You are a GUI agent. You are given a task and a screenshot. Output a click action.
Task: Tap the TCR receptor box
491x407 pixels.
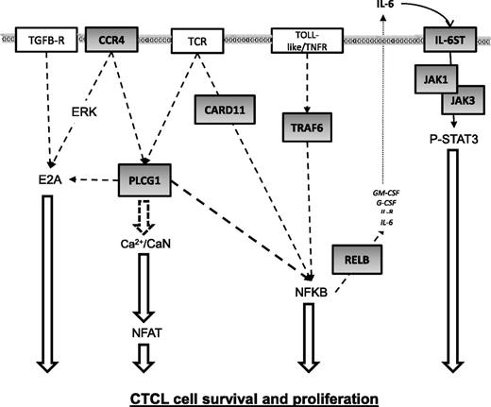197,41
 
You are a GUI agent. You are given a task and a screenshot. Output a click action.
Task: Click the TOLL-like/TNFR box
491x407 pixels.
301,41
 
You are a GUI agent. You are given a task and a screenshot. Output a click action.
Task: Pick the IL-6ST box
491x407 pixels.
445,41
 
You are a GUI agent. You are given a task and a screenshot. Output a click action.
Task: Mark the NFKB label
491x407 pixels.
307,293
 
